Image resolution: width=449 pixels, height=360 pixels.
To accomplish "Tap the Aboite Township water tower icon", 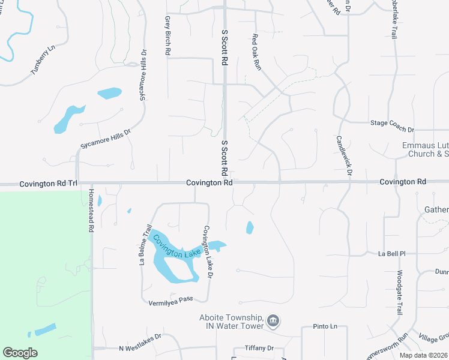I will (x=273, y=321).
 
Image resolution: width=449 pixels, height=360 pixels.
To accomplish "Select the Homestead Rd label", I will (x=91, y=211).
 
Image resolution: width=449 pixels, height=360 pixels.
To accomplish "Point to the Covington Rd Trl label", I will (x=49, y=182).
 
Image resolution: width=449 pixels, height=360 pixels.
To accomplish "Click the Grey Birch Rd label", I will (x=167, y=36).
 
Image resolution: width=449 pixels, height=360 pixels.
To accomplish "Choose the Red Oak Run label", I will (x=256, y=53).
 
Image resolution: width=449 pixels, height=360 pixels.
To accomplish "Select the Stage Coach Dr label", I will (x=392, y=130).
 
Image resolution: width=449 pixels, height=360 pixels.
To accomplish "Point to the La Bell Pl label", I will (x=392, y=254).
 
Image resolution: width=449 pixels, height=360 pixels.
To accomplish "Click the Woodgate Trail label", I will (x=399, y=293).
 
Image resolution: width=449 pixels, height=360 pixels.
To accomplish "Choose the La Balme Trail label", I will (x=144, y=244).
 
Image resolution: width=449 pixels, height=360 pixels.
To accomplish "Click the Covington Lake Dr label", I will (x=208, y=253).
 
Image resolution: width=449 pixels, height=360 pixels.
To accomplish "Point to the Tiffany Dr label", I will (x=259, y=348).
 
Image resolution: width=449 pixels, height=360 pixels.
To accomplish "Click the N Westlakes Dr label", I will (x=140, y=343).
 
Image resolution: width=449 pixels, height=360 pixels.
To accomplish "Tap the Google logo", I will (x=20, y=353).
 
